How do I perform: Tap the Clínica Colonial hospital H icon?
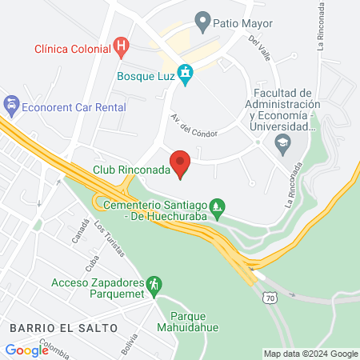[122, 47]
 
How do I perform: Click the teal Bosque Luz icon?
[186, 75]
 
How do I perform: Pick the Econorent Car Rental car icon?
[11, 104]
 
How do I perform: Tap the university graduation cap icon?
[282, 144]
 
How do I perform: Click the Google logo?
[26, 350]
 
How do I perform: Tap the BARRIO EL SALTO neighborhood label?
[64, 328]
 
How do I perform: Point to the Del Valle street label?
[262, 48]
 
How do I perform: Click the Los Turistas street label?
[110, 238]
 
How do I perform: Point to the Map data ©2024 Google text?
[311, 354]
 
